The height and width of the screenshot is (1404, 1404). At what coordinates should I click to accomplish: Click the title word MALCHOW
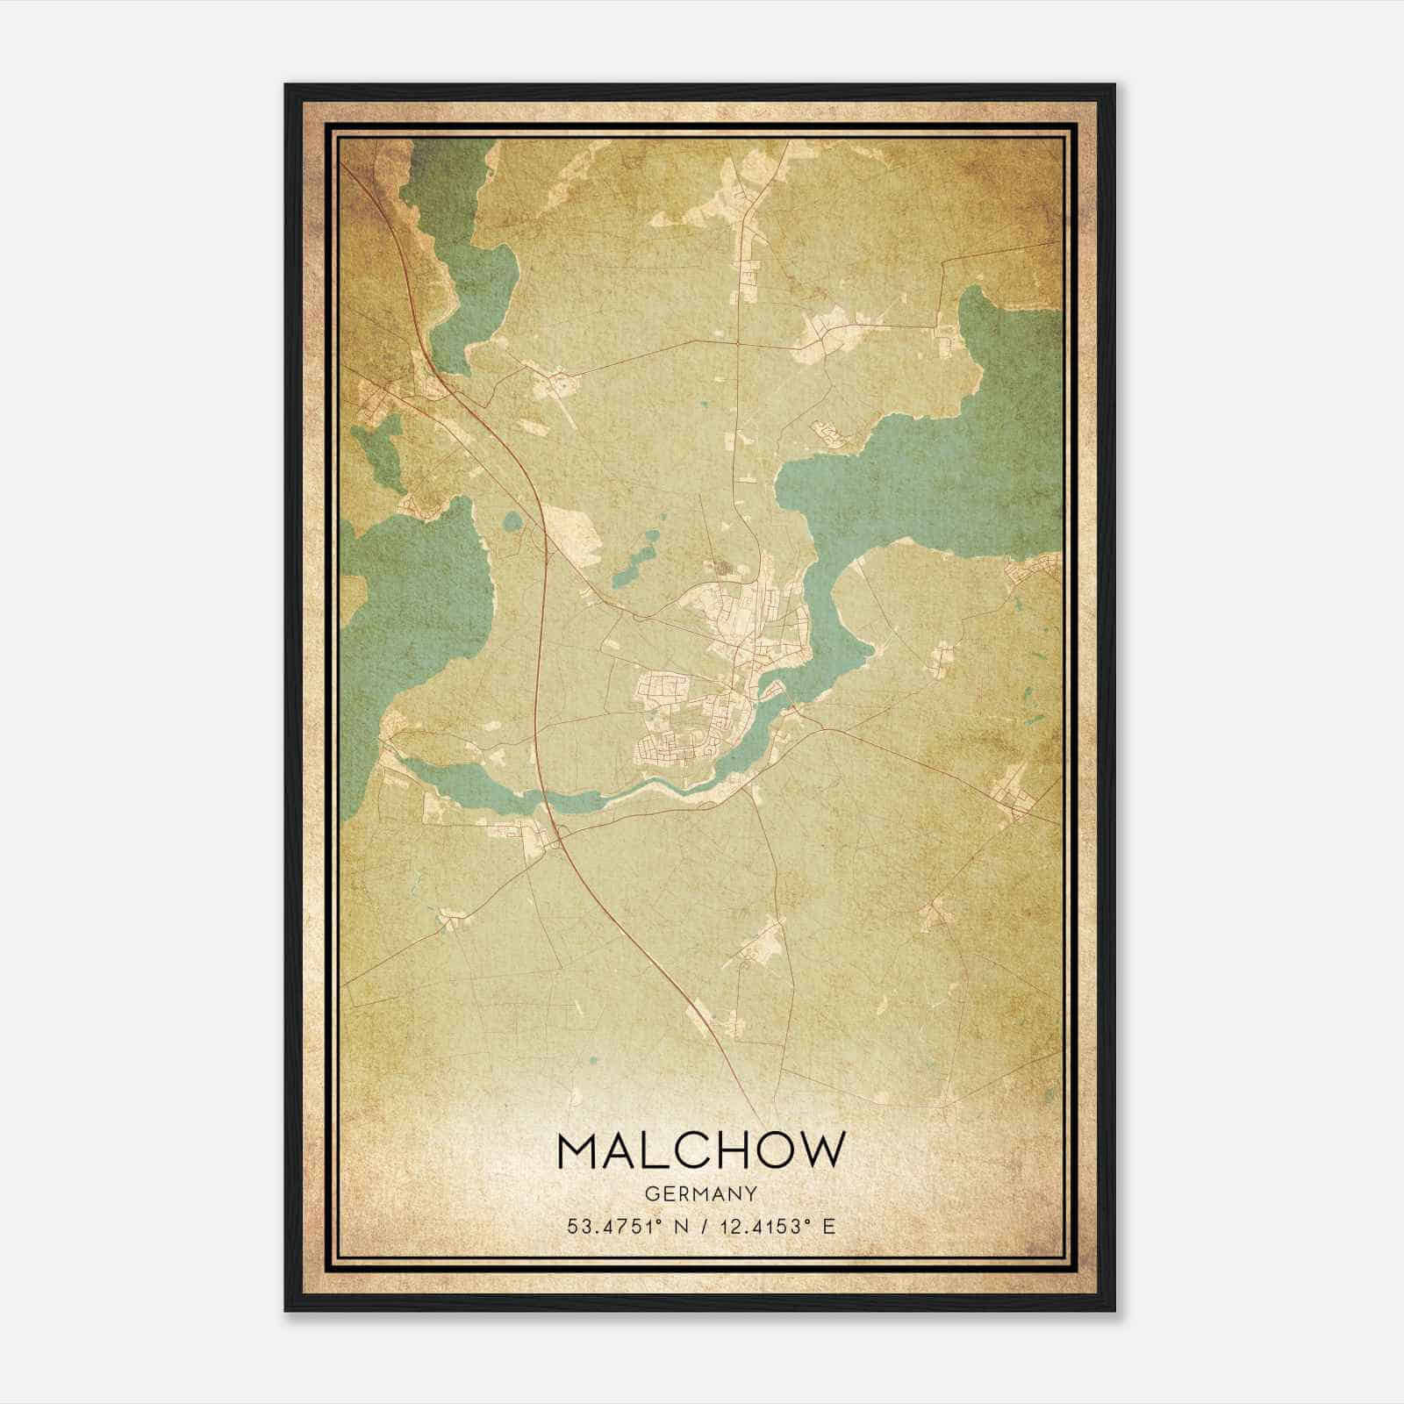(x=701, y=1150)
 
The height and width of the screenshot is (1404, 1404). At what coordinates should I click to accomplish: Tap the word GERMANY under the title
(x=701, y=1193)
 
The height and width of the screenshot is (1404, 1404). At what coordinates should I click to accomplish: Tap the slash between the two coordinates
(x=705, y=1226)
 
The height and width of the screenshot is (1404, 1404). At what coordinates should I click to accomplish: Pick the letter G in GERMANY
(x=651, y=1193)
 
